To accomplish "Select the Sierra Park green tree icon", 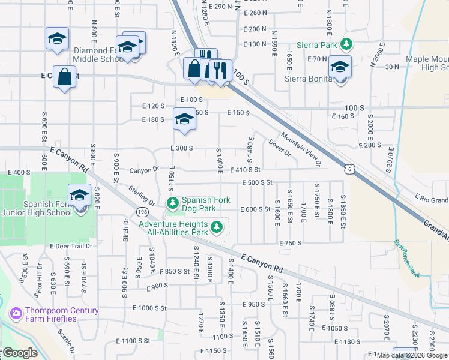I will [x=346, y=44].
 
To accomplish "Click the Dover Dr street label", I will [x=280, y=148].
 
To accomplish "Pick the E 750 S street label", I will [x=290, y=243].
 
